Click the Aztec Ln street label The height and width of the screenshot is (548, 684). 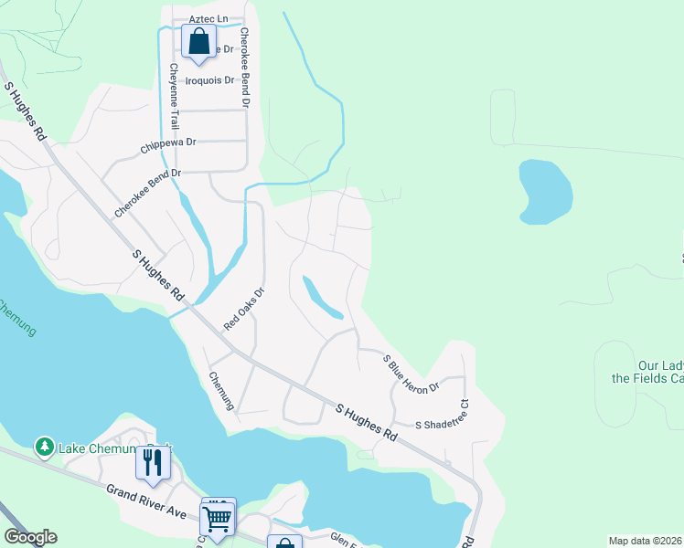pyautogui.click(x=207, y=18)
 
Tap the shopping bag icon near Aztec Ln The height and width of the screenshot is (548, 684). pyautogui.click(x=198, y=41)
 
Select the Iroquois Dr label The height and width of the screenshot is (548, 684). pyautogui.click(x=210, y=80)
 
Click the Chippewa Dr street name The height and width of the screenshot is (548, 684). pyautogui.click(x=169, y=143)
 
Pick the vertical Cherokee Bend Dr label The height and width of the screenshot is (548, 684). pyautogui.click(x=245, y=67)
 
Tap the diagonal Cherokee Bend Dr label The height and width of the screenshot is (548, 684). pyautogui.click(x=147, y=192)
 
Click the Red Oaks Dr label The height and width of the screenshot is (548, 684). pyautogui.click(x=244, y=309)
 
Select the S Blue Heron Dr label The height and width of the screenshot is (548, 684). pyautogui.click(x=411, y=374)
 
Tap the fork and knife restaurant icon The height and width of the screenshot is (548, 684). pyautogui.click(x=152, y=462)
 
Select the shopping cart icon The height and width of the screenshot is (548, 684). pyautogui.click(x=217, y=518)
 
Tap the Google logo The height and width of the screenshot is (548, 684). pyautogui.click(x=30, y=537)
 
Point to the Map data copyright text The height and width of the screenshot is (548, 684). pyautogui.click(x=646, y=541)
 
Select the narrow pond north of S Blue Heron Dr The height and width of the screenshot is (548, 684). pyautogui.click(x=322, y=299)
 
